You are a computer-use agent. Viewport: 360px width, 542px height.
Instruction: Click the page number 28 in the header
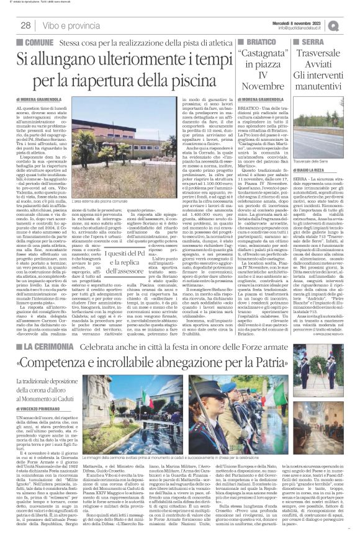point(27,25)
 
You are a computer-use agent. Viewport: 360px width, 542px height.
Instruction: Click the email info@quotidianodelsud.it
point(302,28)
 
